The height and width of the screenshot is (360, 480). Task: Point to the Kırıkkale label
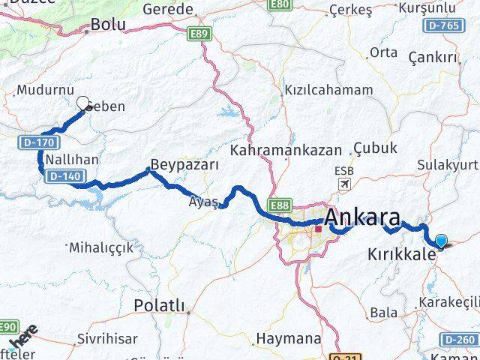point(402,254)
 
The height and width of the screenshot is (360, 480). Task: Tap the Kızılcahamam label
point(328,90)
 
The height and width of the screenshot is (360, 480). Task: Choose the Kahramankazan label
point(285,150)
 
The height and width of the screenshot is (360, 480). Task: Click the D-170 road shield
point(32,141)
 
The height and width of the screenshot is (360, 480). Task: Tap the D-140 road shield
point(61,175)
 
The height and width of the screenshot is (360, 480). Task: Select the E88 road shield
point(280,205)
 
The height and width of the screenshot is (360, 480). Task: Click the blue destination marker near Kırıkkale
point(440,241)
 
